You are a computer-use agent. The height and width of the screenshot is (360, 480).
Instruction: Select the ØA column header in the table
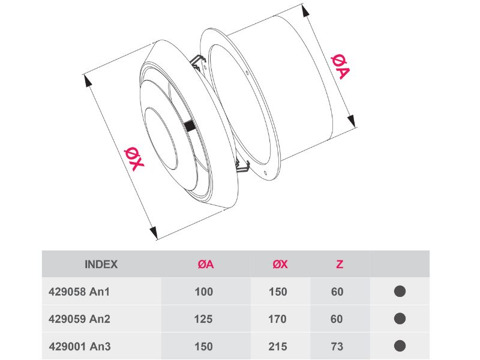click(x=206, y=264)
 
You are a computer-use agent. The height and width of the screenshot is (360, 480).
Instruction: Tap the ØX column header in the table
click(x=280, y=264)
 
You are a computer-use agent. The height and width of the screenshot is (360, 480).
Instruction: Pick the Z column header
click(x=340, y=264)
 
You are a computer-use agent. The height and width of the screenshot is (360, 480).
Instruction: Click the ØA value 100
click(x=204, y=292)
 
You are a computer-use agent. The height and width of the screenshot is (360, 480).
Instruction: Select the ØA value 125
click(x=204, y=319)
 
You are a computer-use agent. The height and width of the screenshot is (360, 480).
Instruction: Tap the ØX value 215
click(x=278, y=346)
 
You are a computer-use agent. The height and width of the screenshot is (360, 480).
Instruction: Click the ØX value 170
click(x=278, y=319)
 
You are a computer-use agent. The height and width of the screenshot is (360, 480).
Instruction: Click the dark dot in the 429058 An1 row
click(x=400, y=292)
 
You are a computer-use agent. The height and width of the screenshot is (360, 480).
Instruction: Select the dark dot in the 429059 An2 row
click(x=400, y=319)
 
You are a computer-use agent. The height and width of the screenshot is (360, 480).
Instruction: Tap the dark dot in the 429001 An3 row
click(x=400, y=346)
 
